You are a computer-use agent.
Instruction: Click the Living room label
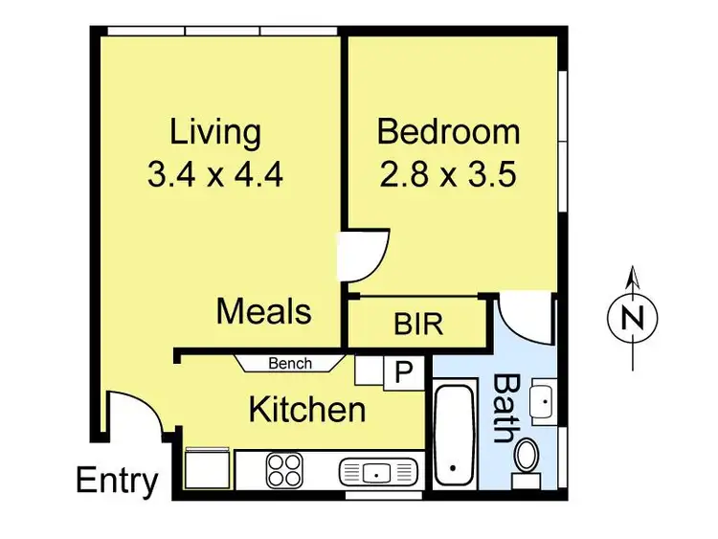(215, 132)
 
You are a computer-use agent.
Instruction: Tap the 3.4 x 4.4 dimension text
(215, 174)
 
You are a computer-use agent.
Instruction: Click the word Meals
(263, 311)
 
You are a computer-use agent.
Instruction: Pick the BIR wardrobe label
(418, 324)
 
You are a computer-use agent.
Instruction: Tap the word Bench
(290, 364)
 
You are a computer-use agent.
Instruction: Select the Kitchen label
(306, 410)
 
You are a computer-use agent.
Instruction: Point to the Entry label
(117, 480)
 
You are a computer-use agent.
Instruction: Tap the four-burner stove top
(284, 470)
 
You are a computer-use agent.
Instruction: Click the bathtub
(453, 437)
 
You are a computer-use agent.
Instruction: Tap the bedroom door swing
(364, 254)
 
